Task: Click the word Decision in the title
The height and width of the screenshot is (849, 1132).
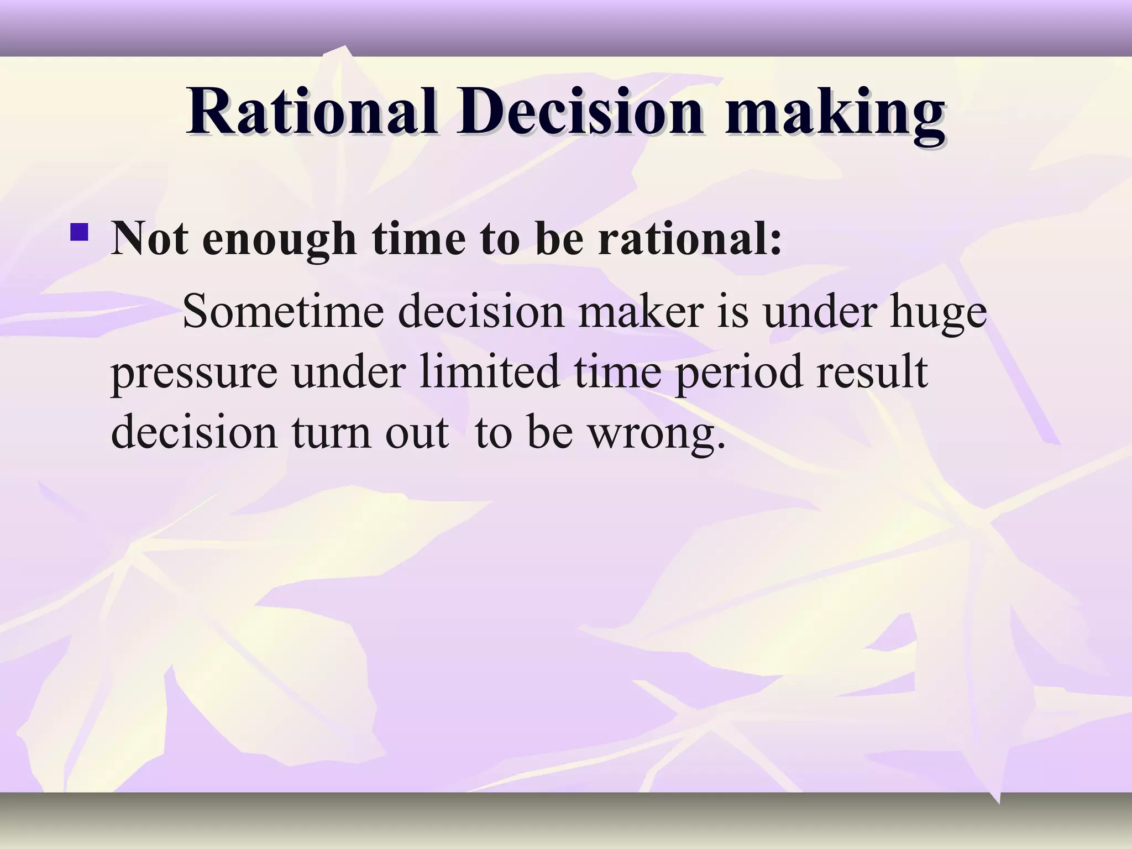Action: (580, 112)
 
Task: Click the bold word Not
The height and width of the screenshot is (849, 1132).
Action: (149, 239)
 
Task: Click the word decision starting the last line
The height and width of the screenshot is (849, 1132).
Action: (194, 432)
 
